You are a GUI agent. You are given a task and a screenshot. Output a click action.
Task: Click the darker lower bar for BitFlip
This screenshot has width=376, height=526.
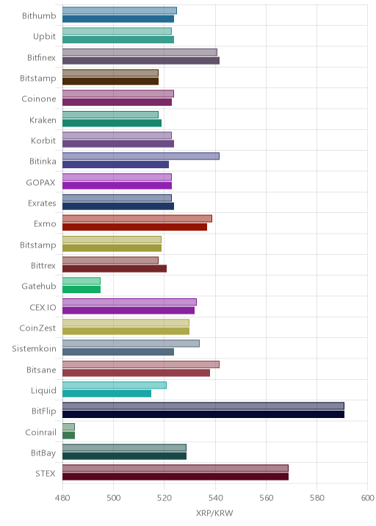tap(203, 414)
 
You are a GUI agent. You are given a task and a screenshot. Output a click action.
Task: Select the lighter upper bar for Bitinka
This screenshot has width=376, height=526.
tap(141, 156)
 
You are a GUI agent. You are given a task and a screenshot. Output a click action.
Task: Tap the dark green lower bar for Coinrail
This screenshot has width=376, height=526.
tap(68, 435)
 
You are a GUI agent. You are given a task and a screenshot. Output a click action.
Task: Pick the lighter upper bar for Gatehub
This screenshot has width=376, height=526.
tap(82, 281)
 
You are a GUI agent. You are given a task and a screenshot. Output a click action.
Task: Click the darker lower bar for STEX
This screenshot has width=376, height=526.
tap(176, 477)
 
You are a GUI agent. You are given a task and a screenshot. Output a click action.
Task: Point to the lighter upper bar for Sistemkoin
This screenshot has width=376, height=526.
tap(131, 344)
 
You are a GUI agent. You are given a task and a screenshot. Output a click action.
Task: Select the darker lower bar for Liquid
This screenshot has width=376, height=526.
tap(106, 394)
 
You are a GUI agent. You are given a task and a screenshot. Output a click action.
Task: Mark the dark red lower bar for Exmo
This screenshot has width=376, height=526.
tap(134, 227)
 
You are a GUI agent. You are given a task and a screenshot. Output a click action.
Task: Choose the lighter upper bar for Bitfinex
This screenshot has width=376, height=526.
tap(140, 52)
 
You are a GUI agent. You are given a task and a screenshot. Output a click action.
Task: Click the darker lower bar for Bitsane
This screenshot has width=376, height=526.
tap(136, 372)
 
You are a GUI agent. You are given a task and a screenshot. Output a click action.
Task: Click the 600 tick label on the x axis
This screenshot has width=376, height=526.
tap(367, 497)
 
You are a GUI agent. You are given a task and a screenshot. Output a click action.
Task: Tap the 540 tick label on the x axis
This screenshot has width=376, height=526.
tap(215, 497)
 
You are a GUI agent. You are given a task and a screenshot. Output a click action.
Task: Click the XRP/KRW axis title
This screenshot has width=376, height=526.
tap(214, 513)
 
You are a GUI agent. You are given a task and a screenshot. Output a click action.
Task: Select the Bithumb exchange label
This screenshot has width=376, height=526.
tap(39, 15)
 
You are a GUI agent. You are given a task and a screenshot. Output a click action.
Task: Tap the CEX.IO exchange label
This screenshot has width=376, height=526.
tap(43, 307)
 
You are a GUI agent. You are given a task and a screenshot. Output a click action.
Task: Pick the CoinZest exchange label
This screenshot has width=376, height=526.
tap(37, 328)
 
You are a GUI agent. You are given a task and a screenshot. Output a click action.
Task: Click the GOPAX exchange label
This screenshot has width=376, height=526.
tap(40, 182)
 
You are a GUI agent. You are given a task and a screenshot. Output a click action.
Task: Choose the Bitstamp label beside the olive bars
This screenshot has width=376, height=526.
tap(38, 245)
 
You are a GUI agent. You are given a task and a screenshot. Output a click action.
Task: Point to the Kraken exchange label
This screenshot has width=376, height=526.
tap(43, 120)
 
